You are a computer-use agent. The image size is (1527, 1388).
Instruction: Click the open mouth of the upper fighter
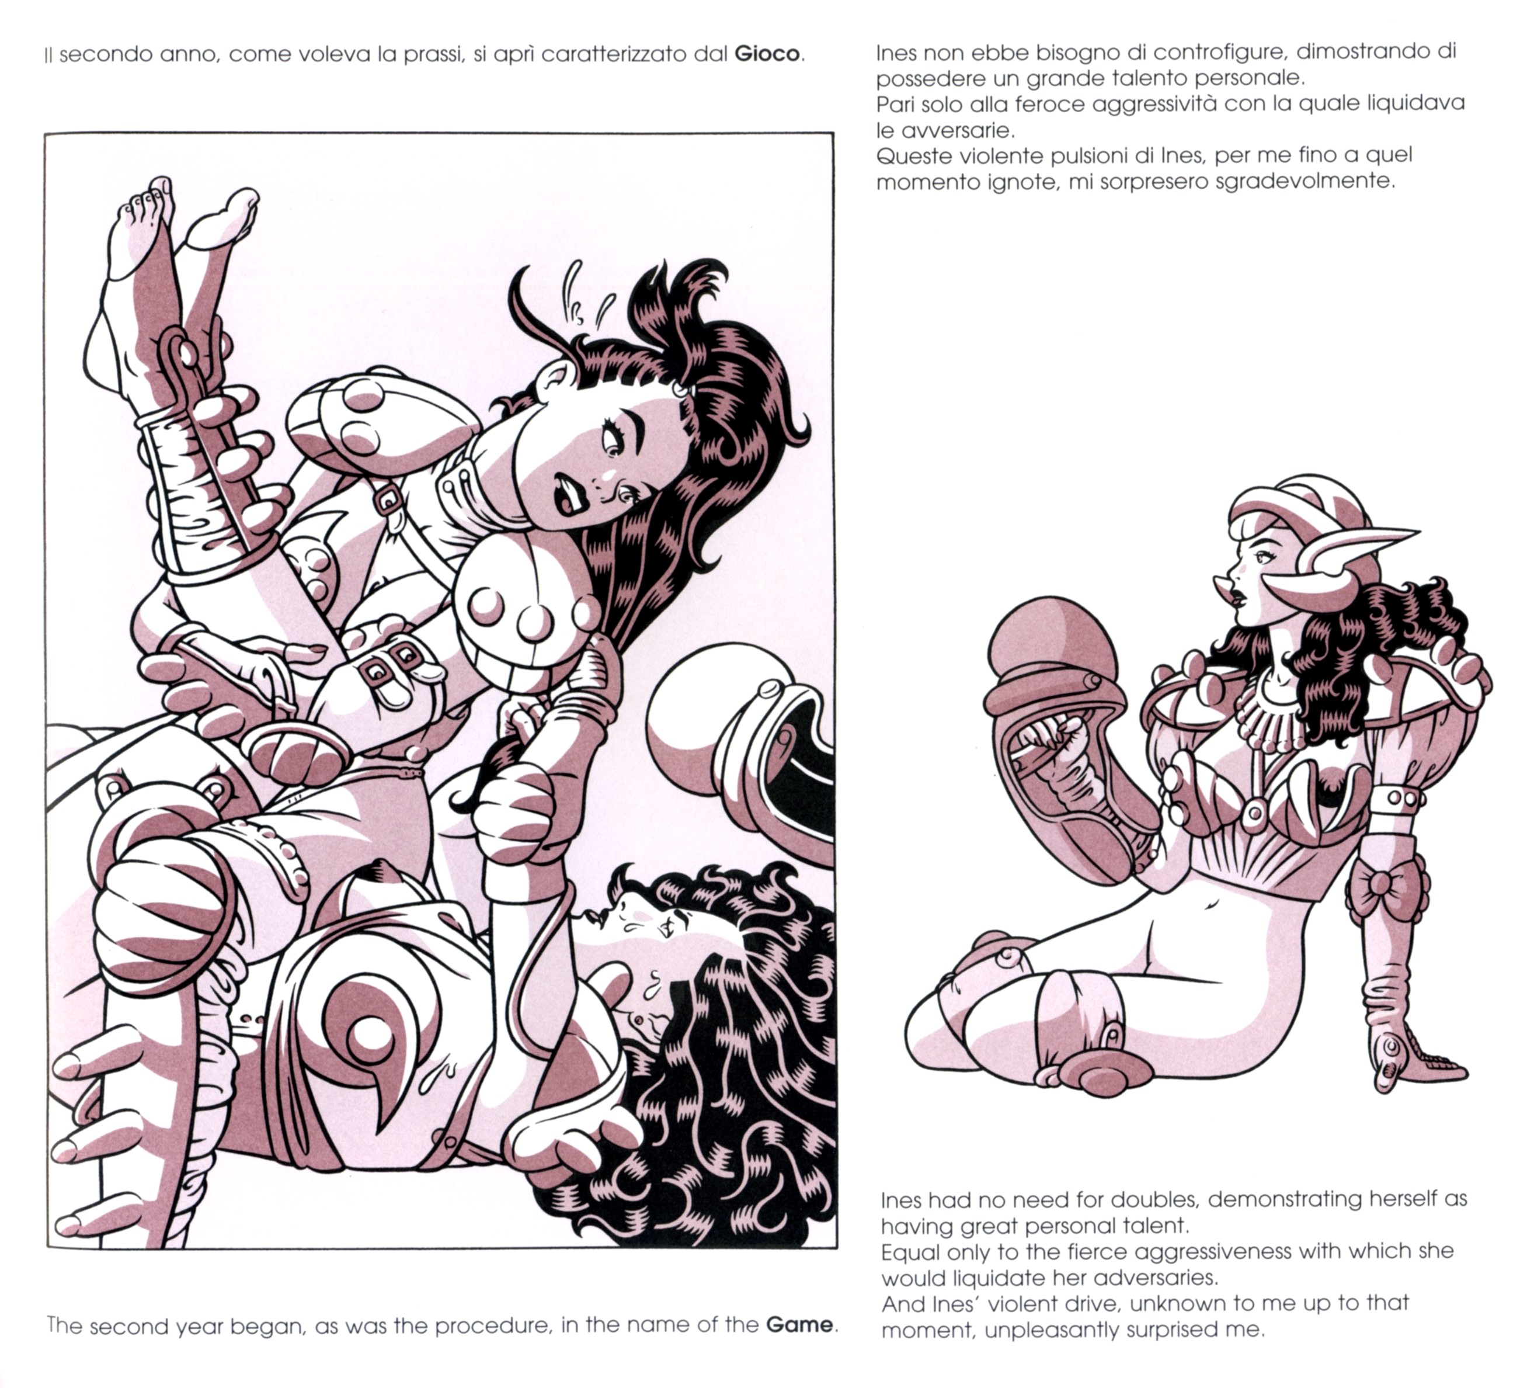tap(566, 492)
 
